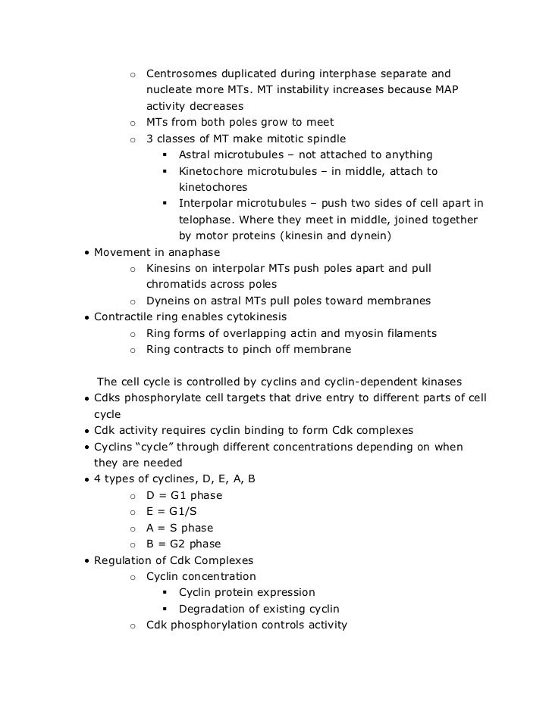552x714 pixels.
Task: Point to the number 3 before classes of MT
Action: coord(149,139)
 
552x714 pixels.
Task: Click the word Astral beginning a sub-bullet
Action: coord(196,154)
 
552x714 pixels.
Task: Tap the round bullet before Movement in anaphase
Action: coord(87,252)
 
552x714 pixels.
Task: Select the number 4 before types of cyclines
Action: coord(97,479)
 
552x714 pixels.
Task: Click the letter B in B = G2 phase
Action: coord(150,544)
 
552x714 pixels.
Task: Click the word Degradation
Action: coord(215,609)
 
